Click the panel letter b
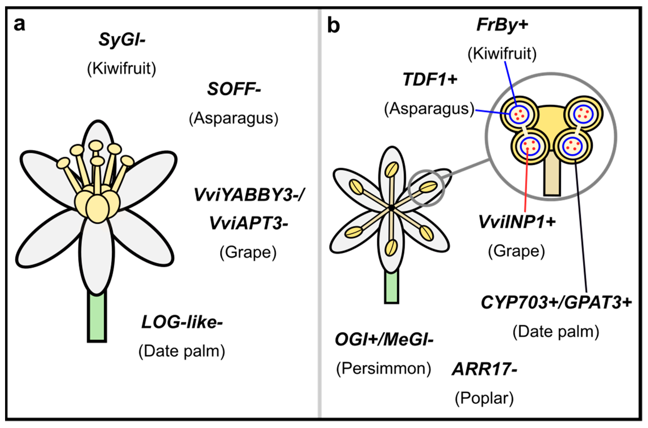333,26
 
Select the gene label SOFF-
234,89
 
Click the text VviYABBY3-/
249,195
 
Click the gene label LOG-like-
182,322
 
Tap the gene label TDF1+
430,80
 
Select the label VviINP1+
517,222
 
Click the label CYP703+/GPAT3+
556,303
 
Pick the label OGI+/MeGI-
384,340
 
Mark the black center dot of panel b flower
392,208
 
